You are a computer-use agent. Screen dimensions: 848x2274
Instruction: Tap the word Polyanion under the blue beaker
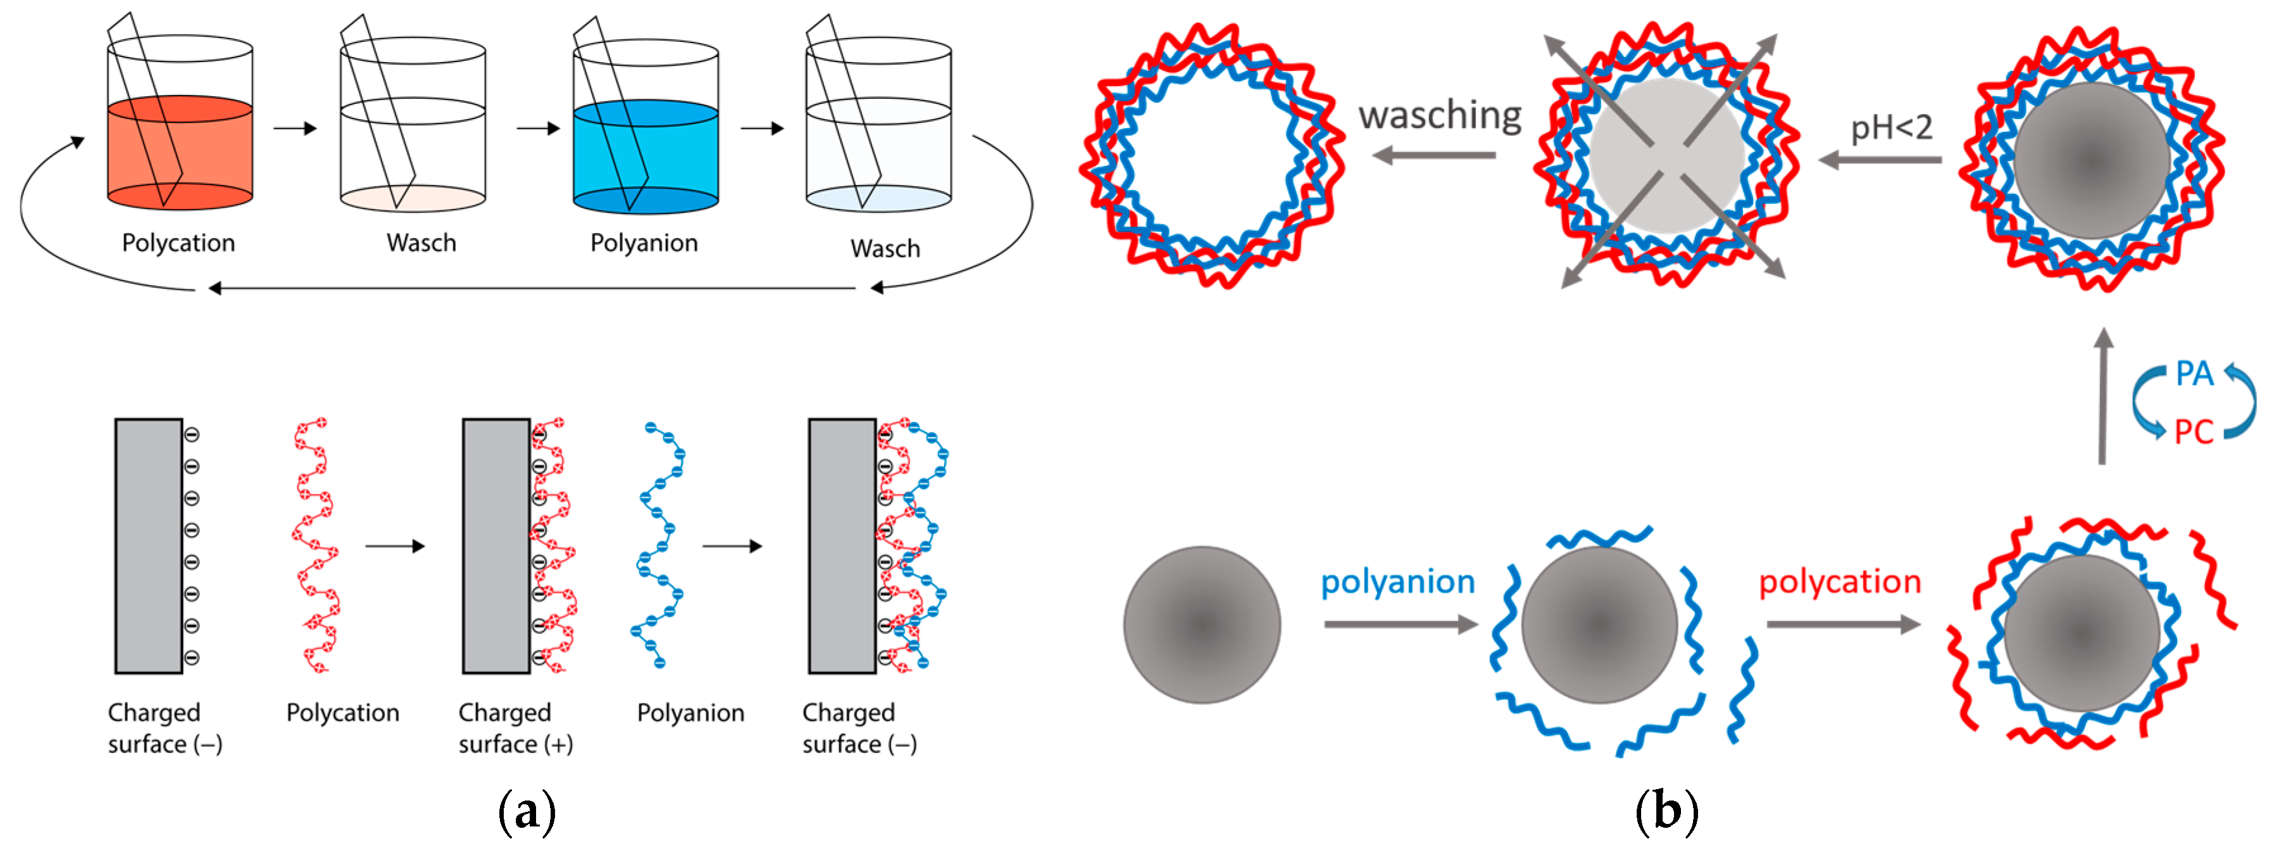point(644,243)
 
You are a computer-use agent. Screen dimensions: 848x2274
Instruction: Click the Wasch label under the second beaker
point(421,243)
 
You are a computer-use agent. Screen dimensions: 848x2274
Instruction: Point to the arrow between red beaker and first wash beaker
point(295,129)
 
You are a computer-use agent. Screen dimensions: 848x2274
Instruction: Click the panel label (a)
point(527,810)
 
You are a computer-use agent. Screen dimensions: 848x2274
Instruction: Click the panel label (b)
point(1666,810)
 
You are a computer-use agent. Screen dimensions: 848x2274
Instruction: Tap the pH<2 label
point(1891,128)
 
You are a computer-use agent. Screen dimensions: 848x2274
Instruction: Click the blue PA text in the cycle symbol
point(2194,374)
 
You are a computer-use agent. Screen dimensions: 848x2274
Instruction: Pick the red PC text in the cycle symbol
point(2193,432)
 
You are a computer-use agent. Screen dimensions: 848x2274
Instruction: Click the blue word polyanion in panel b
point(1397,582)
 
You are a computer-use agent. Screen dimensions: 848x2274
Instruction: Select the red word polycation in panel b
point(1840,582)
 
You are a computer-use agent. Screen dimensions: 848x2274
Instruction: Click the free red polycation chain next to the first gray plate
point(316,546)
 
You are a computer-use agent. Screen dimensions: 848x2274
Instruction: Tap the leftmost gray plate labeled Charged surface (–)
point(148,546)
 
